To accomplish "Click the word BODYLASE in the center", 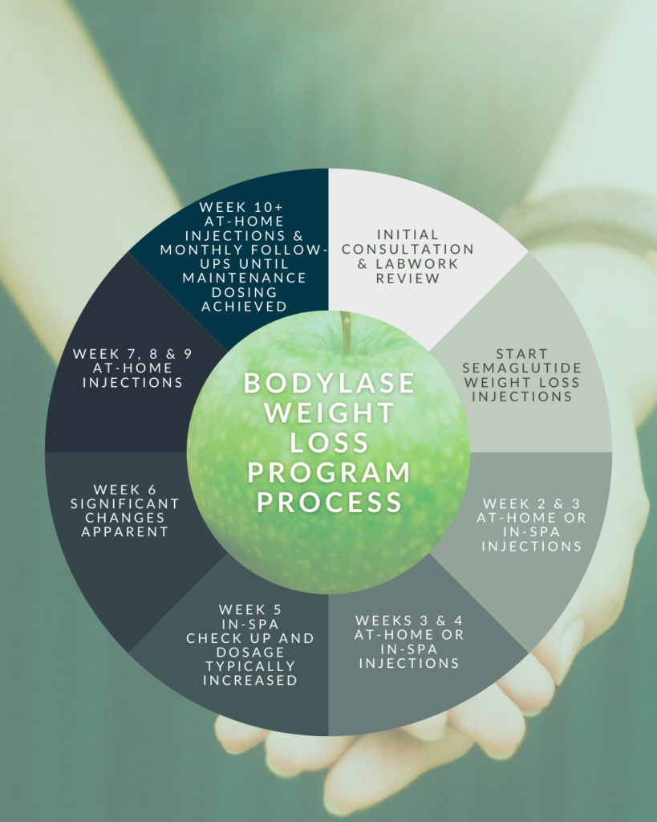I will [x=329, y=383].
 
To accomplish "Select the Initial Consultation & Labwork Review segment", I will [x=408, y=256].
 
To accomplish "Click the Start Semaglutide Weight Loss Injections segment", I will [x=522, y=375].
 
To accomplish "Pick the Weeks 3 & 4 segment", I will [x=409, y=642].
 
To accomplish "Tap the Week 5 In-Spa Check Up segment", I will [x=250, y=645].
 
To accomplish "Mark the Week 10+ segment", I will [x=244, y=257].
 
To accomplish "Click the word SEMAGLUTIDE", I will [x=522, y=368].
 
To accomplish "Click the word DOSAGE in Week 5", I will [x=250, y=652].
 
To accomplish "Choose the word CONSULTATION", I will [x=408, y=249].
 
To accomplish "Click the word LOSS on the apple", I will [x=329, y=442].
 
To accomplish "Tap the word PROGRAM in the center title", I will [x=329, y=472].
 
